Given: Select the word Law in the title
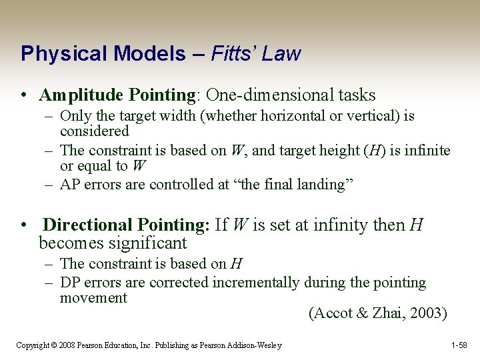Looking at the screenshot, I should point(282,53).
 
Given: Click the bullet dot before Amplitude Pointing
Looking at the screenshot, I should point(24,97).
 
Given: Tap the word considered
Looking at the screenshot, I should point(94,131).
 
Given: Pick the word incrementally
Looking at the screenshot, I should point(256,283).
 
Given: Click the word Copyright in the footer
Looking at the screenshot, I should point(33,345).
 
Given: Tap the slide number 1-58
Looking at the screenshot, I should point(459,345).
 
